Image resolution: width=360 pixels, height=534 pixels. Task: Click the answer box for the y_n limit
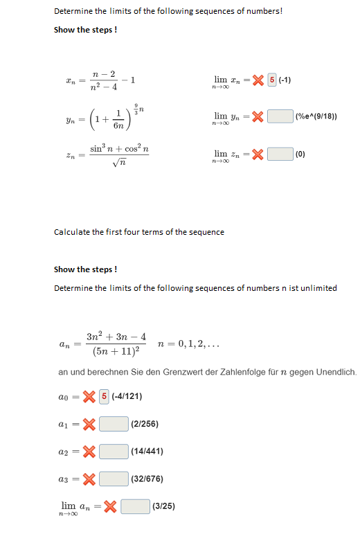[280, 116]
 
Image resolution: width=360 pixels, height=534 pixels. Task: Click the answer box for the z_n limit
[280, 154]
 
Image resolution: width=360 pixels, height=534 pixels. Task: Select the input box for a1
[114, 423]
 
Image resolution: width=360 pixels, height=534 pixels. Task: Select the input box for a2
[114, 451]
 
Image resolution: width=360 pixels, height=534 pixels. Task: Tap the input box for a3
[114, 479]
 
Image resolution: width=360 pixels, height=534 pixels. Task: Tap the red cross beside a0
[89, 396]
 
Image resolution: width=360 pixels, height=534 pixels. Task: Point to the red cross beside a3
[89, 479]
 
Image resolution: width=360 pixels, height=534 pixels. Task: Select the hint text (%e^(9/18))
[316, 116]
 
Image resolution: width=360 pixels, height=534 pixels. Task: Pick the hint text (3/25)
[163, 506]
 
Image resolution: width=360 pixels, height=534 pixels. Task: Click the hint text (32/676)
[147, 479]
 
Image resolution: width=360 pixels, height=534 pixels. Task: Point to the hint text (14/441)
[147, 451]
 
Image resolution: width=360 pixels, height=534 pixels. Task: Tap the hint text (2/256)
[144, 423]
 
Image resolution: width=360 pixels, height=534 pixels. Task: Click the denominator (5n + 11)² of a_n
[116, 352]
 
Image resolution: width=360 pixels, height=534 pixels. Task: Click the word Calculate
[72, 231]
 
